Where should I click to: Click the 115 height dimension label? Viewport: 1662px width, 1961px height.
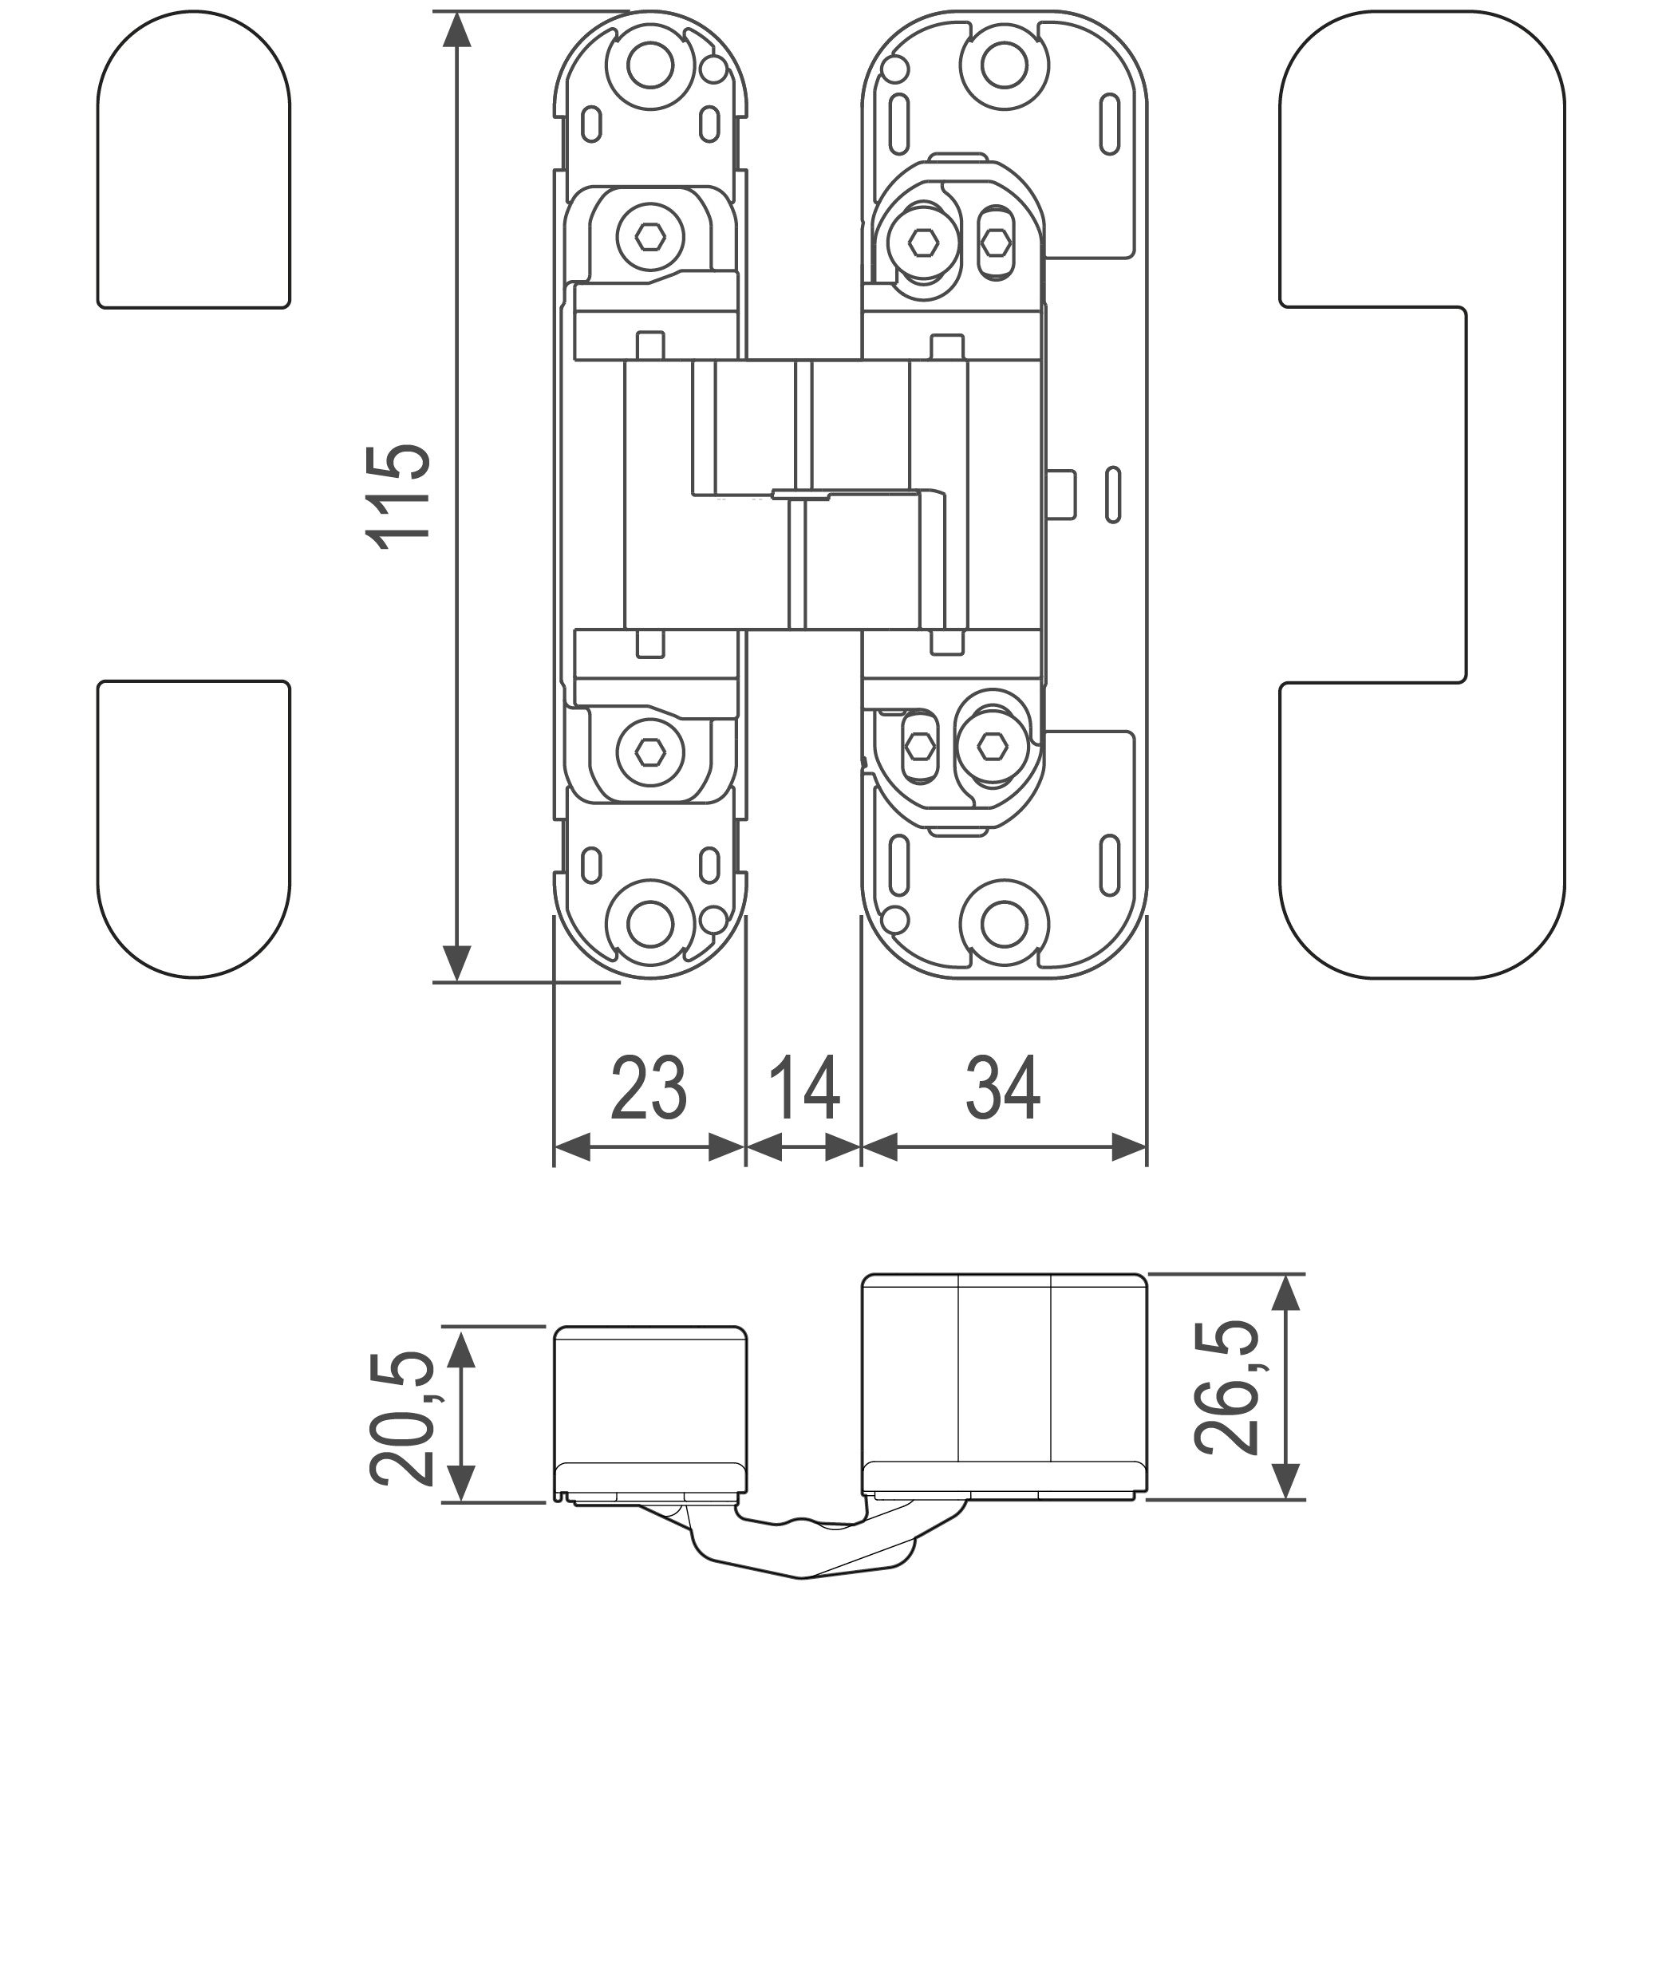point(398,495)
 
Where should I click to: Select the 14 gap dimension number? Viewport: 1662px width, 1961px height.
point(803,1089)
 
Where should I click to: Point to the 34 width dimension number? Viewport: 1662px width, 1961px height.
point(1002,1089)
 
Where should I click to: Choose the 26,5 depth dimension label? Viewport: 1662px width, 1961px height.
point(1226,1387)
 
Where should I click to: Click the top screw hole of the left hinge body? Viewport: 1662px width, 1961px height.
point(649,65)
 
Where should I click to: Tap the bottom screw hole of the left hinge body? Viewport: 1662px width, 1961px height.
point(649,922)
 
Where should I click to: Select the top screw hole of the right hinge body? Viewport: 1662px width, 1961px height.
point(1004,65)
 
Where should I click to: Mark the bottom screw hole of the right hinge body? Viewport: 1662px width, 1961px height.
point(1004,924)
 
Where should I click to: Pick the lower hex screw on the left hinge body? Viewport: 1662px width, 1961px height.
point(649,752)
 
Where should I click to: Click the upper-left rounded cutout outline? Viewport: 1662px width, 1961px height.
point(194,160)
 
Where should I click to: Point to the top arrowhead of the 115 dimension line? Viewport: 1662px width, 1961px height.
point(457,30)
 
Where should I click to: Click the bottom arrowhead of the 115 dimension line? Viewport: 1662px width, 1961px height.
point(457,963)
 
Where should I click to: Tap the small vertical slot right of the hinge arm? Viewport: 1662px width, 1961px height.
point(1113,495)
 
